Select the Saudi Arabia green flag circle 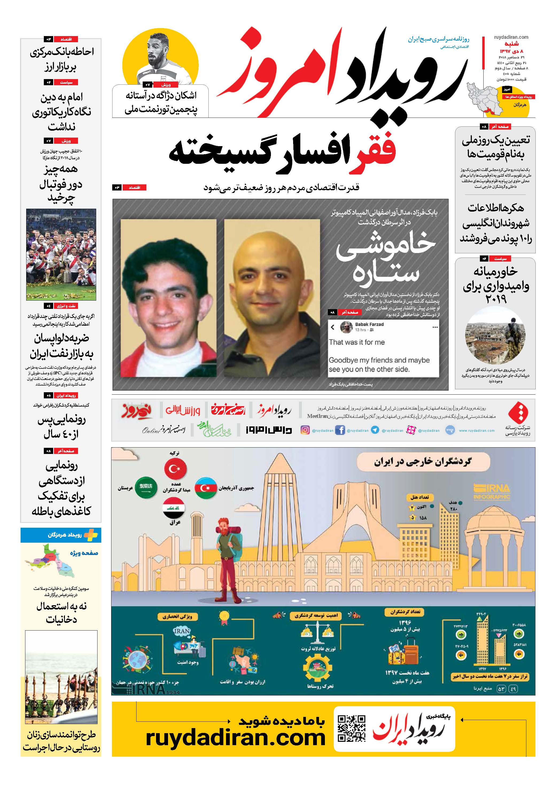[146, 488]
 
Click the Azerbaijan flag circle [205, 488]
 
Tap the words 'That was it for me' [357, 342]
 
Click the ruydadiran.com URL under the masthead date [511, 37]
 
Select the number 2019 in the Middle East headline [496, 299]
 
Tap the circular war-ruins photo [495, 335]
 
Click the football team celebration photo [61, 254]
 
